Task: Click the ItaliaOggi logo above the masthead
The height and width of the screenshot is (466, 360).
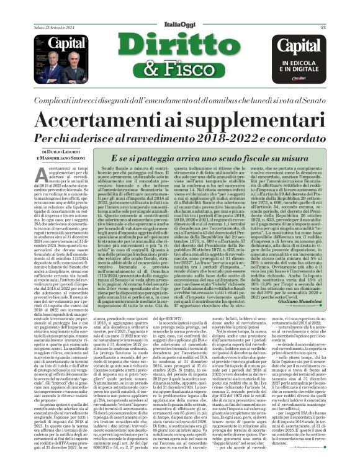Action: (180, 10)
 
